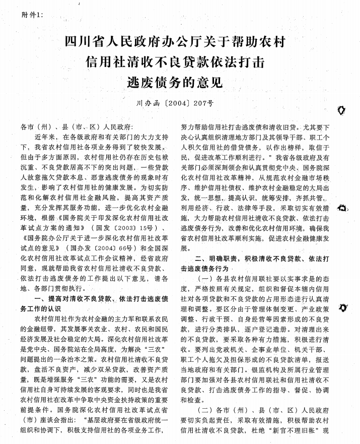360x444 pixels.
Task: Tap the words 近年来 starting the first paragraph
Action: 45,137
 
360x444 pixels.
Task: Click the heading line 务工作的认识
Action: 40,308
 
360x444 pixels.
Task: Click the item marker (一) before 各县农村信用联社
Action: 207,278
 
